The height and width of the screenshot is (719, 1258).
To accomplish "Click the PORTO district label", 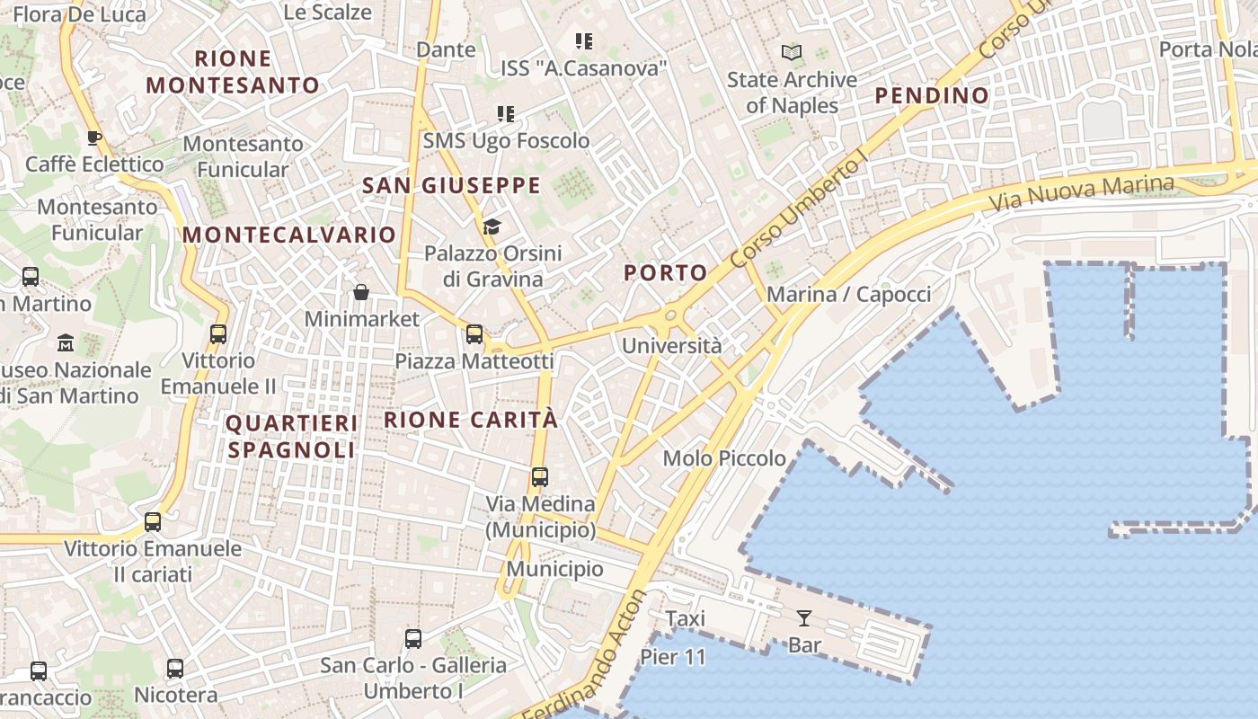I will pyautogui.click(x=666, y=272).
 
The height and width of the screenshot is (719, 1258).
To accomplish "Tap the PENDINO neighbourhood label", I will pyautogui.click(x=932, y=95).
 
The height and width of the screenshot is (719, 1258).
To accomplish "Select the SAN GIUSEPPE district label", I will pyautogui.click(x=451, y=186).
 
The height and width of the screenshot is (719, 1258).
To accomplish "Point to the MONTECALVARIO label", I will pyautogui.click(x=289, y=235).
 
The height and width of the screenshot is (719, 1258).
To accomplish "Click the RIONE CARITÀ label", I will pyautogui.click(x=471, y=420).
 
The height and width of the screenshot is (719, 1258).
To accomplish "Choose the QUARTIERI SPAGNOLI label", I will pyautogui.click(x=291, y=436).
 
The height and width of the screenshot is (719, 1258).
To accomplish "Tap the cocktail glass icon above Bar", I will pyautogui.click(x=804, y=618).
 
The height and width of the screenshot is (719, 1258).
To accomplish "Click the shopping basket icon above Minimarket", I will pyautogui.click(x=361, y=292).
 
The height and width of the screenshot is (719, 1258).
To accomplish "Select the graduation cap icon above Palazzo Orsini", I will pyautogui.click(x=492, y=226).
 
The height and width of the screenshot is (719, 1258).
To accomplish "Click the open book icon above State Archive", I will pyautogui.click(x=792, y=53).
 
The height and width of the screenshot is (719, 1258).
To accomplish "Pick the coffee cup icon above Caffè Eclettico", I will pyautogui.click(x=94, y=138).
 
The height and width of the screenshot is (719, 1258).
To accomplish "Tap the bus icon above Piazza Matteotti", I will pyautogui.click(x=474, y=334).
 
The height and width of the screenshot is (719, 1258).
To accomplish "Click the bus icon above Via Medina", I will pyautogui.click(x=540, y=477).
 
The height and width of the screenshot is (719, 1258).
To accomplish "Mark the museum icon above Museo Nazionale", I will pyautogui.click(x=66, y=343).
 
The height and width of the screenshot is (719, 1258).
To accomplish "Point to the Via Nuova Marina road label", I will pyautogui.click(x=1081, y=192).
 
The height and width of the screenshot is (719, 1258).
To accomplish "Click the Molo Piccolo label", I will pyautogui.click(x=724, y=458).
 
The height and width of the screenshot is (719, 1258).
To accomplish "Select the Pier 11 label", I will pyautogui.click(x=673, y=657).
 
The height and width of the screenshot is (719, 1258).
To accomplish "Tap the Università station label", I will pyautogui.click(x=672, y=346).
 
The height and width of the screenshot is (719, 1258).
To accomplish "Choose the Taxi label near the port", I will pyautogui.click(x=685, y=618).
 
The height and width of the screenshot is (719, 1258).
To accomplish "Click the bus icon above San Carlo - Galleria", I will pyautogui.click(x=413, y=639).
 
